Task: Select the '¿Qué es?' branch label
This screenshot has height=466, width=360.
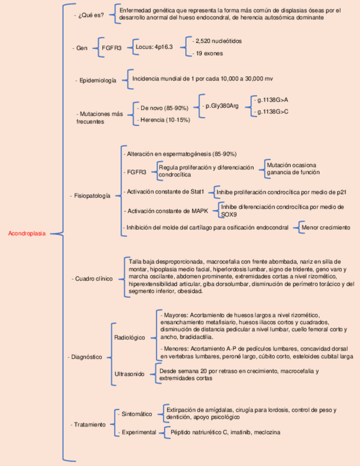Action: pyautogui.click(x=91, y=15)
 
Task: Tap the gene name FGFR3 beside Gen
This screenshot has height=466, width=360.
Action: pyautogui.click(x=112, y=48)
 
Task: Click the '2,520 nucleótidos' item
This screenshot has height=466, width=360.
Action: pyautogui.click(x=218, y=41)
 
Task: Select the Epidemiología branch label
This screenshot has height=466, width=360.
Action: pyautogui.click(x=97, y=80)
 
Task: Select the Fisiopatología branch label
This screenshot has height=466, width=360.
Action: pyautogui.click(x=92, y=196)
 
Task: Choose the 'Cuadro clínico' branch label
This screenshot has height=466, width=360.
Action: pyautogui.click(x=93, y=279)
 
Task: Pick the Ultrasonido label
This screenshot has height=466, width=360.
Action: pyautogui.click(x=129, y=374)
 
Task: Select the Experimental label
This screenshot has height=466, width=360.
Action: pyautogui.click(x=139, y=432)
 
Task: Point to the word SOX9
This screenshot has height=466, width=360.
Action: pyautogui.click(x=229, y=214)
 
